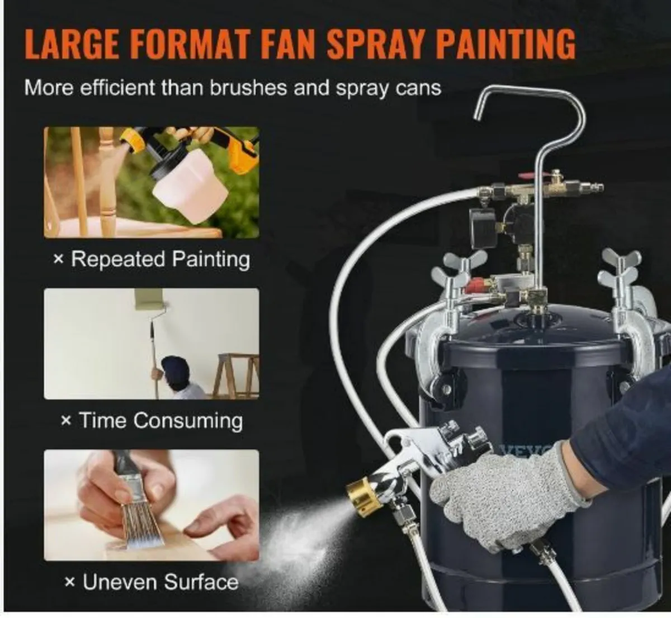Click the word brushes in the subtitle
pos(248,88)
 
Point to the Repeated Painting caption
pos(152,259)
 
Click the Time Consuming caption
pos(152,420)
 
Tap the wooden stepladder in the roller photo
pos(236,375)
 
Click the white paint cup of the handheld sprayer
pos(190,183)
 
